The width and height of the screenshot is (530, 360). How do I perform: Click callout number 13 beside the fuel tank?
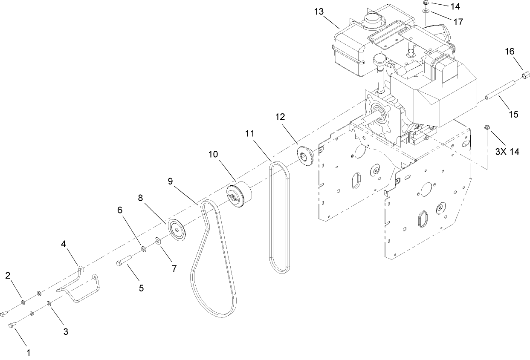tap(319, 12)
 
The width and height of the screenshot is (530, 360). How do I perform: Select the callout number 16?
tap(510, 52)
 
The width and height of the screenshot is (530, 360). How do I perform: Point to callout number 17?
tap(458, 22)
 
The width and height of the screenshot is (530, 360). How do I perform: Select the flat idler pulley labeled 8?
tap(177, 229)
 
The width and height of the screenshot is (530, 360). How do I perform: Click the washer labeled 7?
tap(158, 242)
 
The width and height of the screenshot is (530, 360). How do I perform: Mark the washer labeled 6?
tap(143, 248)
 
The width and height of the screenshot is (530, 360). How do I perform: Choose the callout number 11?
tap(250, 133)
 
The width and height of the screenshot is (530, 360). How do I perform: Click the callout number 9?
tap(171, 181)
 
